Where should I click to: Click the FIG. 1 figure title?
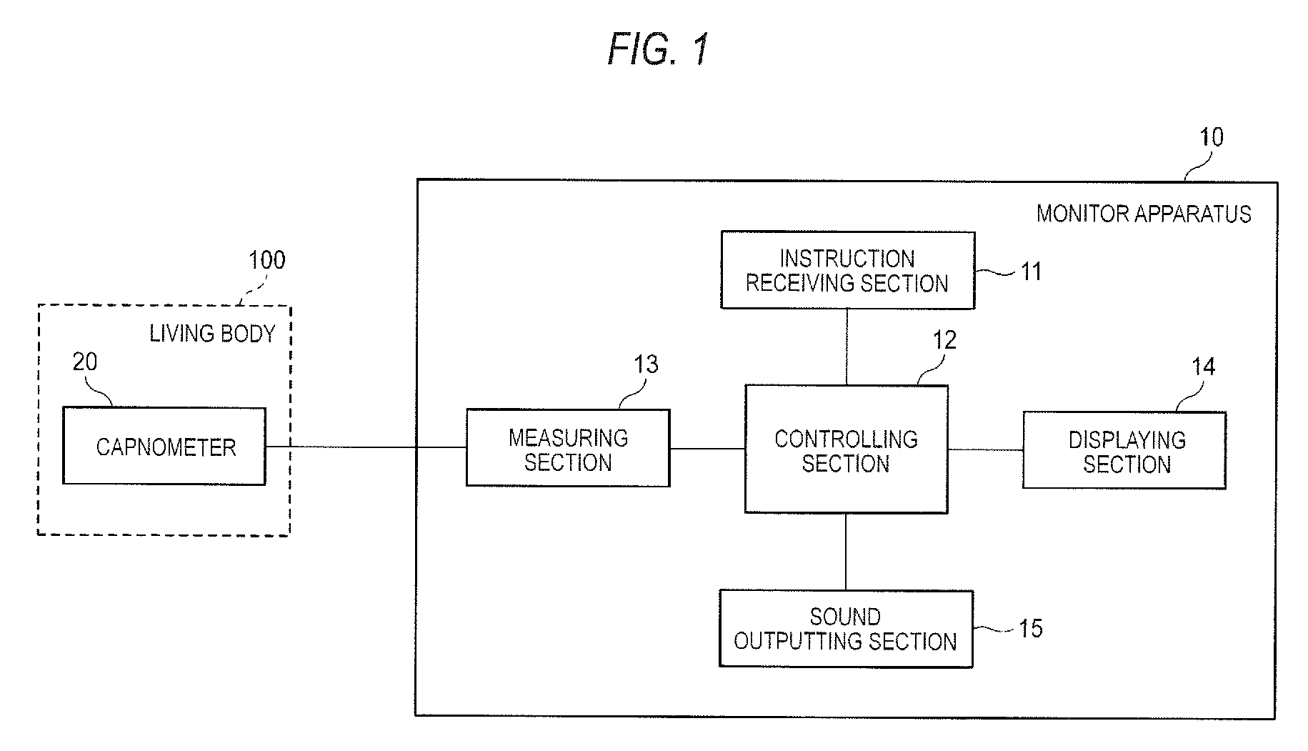click(x=659, y=49)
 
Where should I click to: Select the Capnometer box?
click(x=164, y=446)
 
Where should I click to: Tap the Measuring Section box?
click(x=568, y=448)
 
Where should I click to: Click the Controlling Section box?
click(x=847, y=449)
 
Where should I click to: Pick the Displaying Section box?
click(x=1124, y=450)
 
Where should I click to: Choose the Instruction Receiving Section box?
click(x=848, y=270)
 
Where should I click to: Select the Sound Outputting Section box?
click(x=846, y=629)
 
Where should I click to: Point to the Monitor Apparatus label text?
click(x=1144, y=214)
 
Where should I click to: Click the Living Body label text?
click(x=212, y=333)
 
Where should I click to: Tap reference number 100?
click(x=266, y=260)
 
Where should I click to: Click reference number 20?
click(x=85, y=362)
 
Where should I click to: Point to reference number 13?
click(x=646, y=364)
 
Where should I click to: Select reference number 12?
click(x=944, y=340)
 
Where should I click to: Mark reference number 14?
click(x=1203, y=367)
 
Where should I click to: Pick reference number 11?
click(x=1031, y=272)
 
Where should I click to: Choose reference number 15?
click(x=1030, y=629)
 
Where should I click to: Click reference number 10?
click(x=1211, y=137)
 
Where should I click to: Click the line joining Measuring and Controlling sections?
click(x=707, y=449)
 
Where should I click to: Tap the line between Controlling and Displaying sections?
click(x=985, y=450)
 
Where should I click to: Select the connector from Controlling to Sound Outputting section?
click(x=846, y=552)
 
